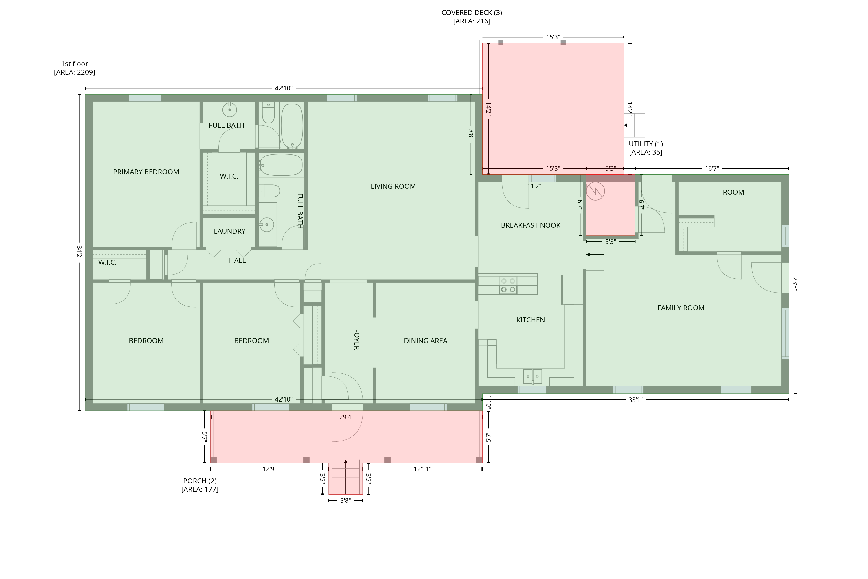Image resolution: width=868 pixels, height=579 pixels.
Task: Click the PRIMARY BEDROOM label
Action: (146, 172)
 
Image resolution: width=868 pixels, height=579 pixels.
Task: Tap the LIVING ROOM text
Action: (393, 186)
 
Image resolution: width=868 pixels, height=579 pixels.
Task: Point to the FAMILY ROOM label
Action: (681, 308)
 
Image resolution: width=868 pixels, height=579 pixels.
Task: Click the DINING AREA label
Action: (425, 341)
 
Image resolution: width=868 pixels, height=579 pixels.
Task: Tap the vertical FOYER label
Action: (356, 339)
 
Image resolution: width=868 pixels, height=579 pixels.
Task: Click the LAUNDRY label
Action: (229, 232)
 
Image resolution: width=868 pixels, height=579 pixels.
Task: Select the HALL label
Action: (237, 261)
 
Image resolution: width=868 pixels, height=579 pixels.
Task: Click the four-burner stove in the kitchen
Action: (508, 285)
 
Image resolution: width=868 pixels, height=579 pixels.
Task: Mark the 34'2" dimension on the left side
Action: (79, 252)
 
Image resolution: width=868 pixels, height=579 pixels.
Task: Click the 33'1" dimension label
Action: (635, 400)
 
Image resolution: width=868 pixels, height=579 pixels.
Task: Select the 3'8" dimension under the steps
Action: (345, 501)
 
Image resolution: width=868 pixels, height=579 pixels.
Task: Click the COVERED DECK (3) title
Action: (472, 12)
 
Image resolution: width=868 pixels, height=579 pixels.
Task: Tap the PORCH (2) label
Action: (200, 481)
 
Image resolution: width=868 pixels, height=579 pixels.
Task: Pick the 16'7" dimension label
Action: (712, 169)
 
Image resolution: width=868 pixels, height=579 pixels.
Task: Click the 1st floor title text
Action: (75, 64)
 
